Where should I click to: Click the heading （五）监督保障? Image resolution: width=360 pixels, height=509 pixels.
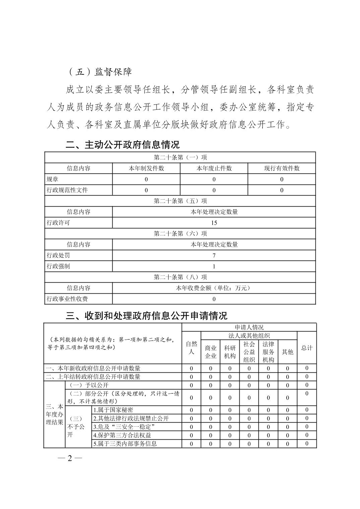(100, 72)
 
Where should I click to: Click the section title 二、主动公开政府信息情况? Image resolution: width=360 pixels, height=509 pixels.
(123, 145)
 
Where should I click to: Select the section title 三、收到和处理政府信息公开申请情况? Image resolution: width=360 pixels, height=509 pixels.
(146, 315)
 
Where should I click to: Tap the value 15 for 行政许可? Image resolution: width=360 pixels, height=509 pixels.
(214, 223)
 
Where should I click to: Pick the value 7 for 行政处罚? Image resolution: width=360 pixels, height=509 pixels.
(214, 256)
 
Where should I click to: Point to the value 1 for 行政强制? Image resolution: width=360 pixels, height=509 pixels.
(214, 267)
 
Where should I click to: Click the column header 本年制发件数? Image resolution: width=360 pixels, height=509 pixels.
(146, 168)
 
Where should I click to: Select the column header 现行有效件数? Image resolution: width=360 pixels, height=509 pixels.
(282, 168)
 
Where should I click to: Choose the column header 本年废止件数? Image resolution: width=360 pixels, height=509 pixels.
(214, 168)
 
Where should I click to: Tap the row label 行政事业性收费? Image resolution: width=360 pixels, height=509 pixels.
(67, 299)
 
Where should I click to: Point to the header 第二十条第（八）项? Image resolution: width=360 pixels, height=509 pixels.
(180, 277)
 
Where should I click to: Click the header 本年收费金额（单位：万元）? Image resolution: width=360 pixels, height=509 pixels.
(214, 288)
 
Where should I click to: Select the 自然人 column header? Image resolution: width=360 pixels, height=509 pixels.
(191, 348)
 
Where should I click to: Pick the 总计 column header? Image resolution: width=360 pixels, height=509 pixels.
(307, 348)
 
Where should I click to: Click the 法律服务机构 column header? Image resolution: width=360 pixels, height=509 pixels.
(268, 352)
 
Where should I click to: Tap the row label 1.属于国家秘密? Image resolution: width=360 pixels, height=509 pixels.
(113, 410)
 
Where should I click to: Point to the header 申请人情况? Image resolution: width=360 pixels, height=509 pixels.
(249, 327)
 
